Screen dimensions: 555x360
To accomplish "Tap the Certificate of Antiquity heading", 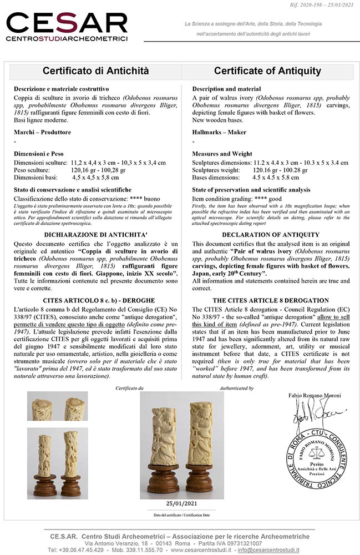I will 267,71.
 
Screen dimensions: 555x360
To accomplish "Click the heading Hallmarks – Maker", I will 219,132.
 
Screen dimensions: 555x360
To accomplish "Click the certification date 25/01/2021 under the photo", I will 181,503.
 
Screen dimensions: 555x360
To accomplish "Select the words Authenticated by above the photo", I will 235,389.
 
